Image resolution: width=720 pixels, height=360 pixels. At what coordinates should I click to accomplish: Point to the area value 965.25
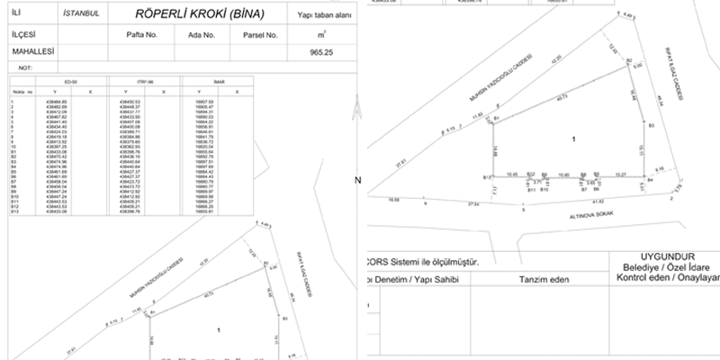click(321, 53)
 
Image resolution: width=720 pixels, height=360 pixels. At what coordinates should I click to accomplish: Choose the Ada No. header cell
click(202, 35)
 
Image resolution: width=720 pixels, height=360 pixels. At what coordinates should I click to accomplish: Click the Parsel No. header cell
click(260, 35)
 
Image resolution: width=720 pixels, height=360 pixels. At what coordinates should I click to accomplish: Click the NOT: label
click(25, 67)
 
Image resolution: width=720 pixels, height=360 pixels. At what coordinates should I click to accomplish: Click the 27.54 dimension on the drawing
click(473, 205)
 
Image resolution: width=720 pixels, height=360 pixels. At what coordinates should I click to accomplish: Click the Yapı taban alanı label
click(321, 16)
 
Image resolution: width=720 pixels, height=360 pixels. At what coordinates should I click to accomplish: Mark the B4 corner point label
click(650, 180)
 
